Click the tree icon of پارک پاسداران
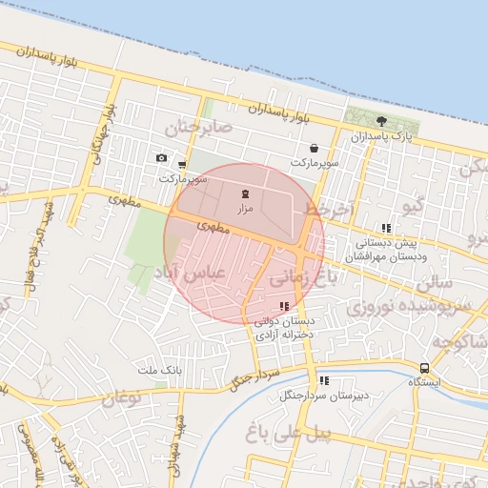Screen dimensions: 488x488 [x=381, y=121]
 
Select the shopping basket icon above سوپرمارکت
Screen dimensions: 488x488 [x=314, y=149]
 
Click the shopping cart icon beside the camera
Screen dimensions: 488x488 [x=181, y=164]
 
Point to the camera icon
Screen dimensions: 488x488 [x=161, y=158]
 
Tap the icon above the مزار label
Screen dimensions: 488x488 [x=244, y=193]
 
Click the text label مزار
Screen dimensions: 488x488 [x=244, y=207]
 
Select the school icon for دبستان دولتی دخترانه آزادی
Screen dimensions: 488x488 [x=284, y=306]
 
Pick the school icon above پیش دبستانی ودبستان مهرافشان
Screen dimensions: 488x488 [x=386, y=228]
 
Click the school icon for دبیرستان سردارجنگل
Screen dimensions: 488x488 [x=324, y=379]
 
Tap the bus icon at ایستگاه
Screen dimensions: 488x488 [x=424, y=368]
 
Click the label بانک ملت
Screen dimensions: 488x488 [x=158, y=369]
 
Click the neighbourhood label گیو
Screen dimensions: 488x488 [x=414, y=206]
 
